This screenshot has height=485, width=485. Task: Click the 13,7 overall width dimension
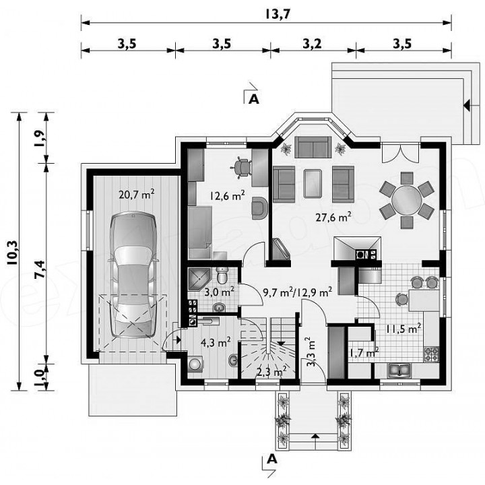pyautogui.click(x=278, y=14)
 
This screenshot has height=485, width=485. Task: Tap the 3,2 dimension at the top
pyautogui.click(x=312, y=44)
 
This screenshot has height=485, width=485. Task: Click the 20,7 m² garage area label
pyautogui.click(x=136, y=194)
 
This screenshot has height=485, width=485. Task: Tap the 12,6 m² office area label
pyautogui.click(x=228, y=195)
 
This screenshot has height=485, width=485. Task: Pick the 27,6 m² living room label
pyautogui.click(x=333, y=217)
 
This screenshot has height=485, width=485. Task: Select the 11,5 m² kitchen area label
pyautogui.click(x=403, y=329)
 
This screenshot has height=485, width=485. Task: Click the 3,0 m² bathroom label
pyautogui.click(x=219, y=292)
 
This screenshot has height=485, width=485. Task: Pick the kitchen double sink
pyautogui.click(x=399, y=370)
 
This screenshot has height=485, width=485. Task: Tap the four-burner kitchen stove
pyautogui.click(x=432, y=354)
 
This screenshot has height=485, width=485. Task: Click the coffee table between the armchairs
pyautogui.click(x=313, y=183)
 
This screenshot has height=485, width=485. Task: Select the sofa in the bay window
pyautogui.click(x=313, y=148)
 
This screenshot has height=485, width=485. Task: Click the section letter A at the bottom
pyautogui.click(x=272, y=459)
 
